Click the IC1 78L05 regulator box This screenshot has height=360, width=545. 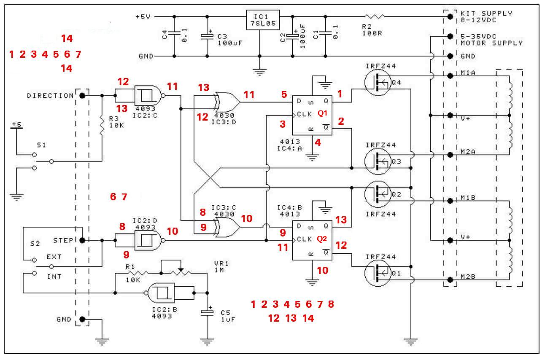click(263, 20)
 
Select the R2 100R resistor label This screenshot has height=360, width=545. click(372, 30)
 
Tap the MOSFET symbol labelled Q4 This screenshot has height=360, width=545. click(378, 82)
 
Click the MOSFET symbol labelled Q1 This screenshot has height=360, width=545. click(378, 273)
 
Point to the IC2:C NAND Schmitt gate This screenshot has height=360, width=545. click(149, 96)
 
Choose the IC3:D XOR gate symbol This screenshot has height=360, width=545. click(226, 102)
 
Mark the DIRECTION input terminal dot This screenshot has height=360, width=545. click(83, 96)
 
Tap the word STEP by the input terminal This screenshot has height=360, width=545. click(63, 240)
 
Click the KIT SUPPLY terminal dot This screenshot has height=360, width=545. click(451, 16)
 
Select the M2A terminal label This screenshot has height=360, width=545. click(468, 152)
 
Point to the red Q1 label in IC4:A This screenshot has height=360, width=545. click(323, 113)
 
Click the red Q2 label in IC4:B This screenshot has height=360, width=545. click(322, 239)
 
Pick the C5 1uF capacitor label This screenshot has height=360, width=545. click(228, 316)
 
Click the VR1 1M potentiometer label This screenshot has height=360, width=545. click(221, 267)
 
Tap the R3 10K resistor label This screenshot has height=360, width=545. click(116, 122)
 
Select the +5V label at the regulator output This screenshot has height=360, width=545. click(143, 16)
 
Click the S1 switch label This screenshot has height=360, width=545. click(41, 145)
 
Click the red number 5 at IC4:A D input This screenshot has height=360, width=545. click(284, 94)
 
